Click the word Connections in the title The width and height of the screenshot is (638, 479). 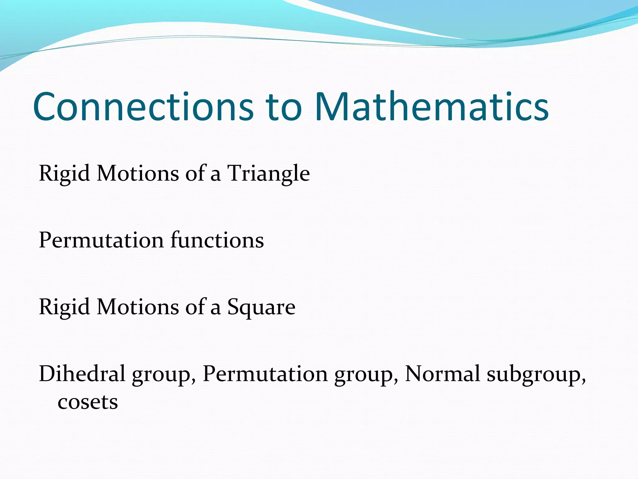[143, 107]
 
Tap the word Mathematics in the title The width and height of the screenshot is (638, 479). [431, 107]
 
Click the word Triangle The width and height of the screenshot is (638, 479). [268, 173]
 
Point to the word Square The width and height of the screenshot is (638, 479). [261, 307]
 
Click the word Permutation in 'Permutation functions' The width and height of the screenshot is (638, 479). [101, 240]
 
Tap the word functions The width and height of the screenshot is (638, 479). [217, 240]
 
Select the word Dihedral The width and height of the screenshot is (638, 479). [82, 374]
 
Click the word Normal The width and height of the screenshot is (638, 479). [442, 374]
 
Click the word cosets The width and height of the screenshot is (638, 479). [88, 402]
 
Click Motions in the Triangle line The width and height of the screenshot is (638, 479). [138, 173]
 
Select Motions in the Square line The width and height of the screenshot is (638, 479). [138, 307]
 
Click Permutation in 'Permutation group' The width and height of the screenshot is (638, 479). [265, 374]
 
